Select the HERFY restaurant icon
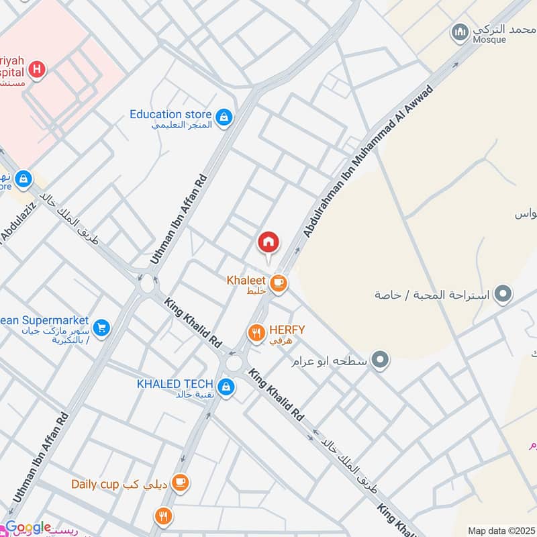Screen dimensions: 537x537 point(256,332)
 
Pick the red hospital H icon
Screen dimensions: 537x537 point(38,68)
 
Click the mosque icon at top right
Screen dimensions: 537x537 point(460,32)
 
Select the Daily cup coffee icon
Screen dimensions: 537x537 point(180,483)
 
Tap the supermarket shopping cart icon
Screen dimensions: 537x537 point(101,328)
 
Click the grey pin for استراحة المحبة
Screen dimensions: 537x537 point(502,294)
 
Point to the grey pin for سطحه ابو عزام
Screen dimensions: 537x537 point(381,360)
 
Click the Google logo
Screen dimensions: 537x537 point(28,528)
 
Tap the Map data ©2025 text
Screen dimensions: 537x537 point(500,530)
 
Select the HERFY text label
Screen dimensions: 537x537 point(287,330)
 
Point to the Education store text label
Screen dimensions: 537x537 point(170,114)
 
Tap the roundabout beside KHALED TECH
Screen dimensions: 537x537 point(234,363)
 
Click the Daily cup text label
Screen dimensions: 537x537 point(95,483)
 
